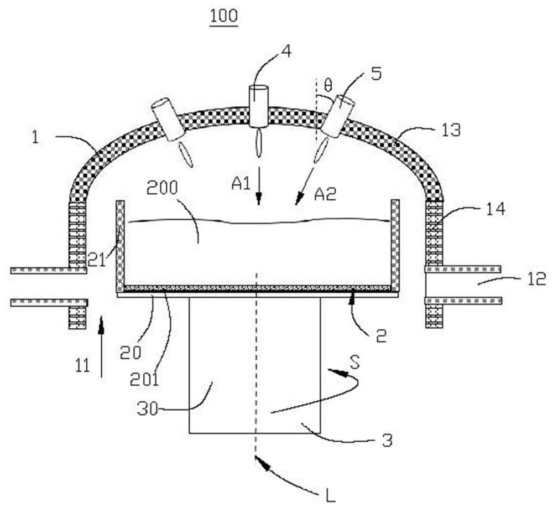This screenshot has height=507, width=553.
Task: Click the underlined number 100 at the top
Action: point(223,16)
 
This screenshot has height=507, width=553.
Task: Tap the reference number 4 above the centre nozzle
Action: point(286,52)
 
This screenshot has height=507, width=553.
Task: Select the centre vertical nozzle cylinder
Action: point(258,106)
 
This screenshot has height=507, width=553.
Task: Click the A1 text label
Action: point(241,184)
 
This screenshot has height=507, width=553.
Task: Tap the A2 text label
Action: point(325,194)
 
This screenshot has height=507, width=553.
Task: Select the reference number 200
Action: point(162,189)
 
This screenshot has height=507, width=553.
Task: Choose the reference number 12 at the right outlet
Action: point(536,279)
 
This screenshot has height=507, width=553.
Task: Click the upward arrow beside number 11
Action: point(101,347)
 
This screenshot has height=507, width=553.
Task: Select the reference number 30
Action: point(148,411)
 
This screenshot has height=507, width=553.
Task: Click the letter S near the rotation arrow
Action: point(355,362)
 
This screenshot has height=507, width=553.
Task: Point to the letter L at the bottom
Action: point(331,496)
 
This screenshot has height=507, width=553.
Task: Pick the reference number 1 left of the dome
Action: point(35,137)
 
